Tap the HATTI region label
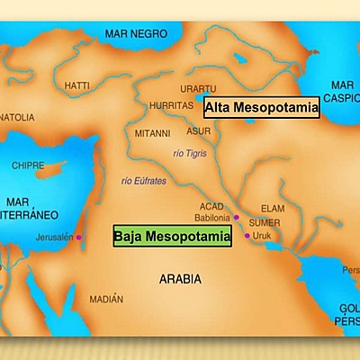(77, 85)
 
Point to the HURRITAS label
(172, 104)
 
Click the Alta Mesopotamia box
(262, 108)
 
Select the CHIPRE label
(25, 166)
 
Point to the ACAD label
(210, 204)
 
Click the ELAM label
(272, 207)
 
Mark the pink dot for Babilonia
(236, 218)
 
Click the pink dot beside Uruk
(247, 236)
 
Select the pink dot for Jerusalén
(78, 237)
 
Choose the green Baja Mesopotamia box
(171, 237)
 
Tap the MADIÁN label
(107, 299)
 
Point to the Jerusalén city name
(54, 237)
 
